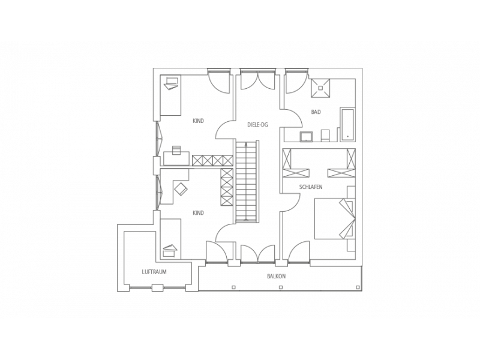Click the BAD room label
316,112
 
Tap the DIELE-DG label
257,125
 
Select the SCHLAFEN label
311,187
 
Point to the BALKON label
277,276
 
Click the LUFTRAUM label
154,272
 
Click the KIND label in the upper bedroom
199,121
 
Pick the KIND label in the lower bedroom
199,213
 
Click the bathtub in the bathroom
348,125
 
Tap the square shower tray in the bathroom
320,88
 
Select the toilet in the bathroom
325,136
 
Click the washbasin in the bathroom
307,137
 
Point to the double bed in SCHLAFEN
335,218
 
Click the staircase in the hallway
247,181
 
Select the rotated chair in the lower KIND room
181,189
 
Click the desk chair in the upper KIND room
176,150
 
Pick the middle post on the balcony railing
281,287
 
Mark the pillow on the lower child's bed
170,250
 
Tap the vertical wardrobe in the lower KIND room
227,187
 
